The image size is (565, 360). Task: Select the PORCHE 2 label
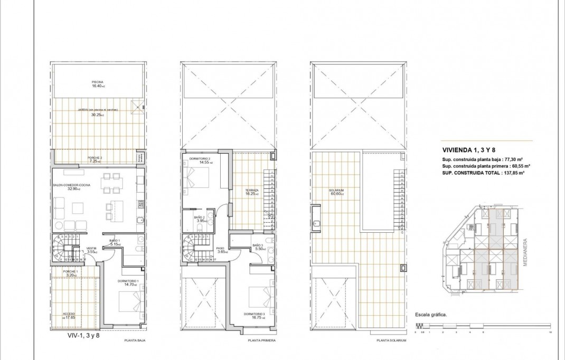(x=95, y=158)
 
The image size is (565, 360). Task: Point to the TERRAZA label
(x=251, y=192)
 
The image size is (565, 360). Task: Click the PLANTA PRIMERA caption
(x=259, y=341)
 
